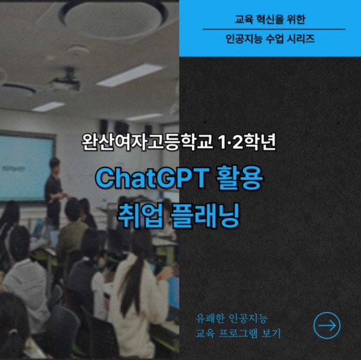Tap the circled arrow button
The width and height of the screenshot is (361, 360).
point(327,325)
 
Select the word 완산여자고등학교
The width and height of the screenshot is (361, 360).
point(147,142)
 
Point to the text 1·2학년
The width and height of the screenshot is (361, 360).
point(247,142)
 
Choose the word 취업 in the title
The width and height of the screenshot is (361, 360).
point(140,216)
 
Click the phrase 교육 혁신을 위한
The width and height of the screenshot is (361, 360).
point(270,19)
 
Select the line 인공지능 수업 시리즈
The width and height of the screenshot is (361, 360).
point(270,38)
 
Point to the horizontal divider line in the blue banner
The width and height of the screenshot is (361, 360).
point(274,29)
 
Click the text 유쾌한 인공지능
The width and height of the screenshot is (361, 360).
point(232,319)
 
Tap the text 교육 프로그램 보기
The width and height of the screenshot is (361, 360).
point(238,333)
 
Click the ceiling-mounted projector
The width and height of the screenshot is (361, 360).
point(66,81)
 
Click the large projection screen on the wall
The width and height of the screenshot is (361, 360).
point(26,168)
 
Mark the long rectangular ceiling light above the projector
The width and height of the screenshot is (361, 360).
point(129,75)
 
